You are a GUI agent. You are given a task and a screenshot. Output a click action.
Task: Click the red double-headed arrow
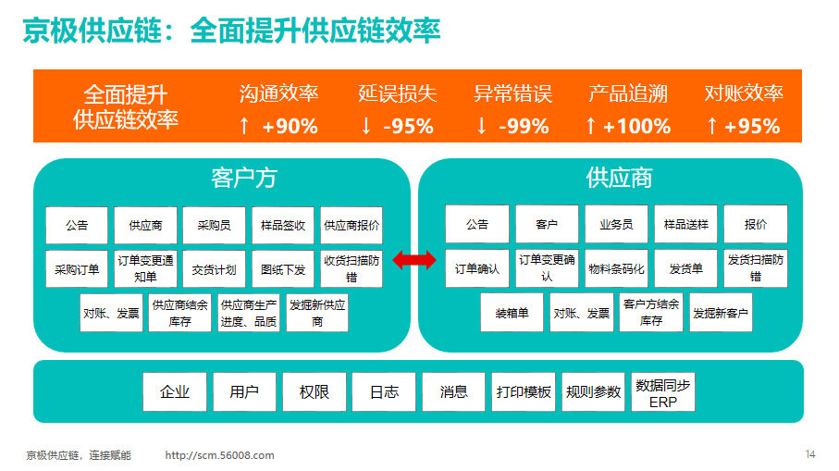414,261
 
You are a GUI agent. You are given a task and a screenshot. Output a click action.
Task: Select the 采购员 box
214,226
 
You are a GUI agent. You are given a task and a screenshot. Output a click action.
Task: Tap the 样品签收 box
283,226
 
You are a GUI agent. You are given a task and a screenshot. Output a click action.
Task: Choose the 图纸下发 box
283,269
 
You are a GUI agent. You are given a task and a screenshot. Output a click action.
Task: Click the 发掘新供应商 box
317,313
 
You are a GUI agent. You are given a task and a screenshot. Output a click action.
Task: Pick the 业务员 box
616,224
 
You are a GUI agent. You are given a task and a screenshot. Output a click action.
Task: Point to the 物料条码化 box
616,268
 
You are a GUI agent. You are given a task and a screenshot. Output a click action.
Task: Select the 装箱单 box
512,313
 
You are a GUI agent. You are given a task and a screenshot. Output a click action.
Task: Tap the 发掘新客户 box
721,313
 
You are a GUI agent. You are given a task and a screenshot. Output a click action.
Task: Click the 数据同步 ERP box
663,392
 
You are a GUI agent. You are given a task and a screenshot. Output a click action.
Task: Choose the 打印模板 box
524,392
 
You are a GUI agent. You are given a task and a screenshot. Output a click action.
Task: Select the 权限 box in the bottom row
315,392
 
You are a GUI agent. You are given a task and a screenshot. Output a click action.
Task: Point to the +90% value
290,127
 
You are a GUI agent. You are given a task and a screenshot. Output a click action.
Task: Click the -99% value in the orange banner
524,127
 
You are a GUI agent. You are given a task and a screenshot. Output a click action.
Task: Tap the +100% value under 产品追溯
636,127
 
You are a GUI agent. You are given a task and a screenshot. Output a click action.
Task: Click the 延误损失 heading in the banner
398,93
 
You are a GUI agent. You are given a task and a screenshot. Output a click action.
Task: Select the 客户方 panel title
244,179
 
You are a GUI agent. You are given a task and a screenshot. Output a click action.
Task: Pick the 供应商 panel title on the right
619,179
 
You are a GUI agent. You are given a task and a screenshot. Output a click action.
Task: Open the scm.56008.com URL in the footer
219,455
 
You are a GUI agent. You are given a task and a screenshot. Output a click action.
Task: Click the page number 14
810,454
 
